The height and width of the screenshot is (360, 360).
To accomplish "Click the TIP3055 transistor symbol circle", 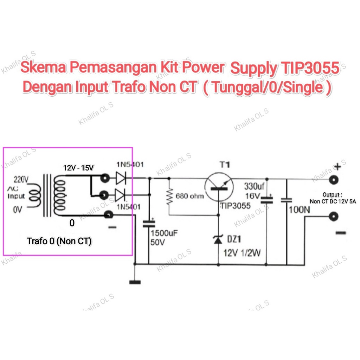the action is [219, 187].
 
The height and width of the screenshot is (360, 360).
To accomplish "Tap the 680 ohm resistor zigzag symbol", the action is [169, 197].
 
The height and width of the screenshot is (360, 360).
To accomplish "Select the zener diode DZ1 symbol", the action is [218, 239].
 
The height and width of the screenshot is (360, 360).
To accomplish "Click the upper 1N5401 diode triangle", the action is [121, 178].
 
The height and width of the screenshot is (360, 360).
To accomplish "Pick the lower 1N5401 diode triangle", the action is [120, 195].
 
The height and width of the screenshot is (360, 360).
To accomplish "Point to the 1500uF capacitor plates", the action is [149, 224].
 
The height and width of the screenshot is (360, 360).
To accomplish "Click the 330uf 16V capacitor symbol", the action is [267, 200].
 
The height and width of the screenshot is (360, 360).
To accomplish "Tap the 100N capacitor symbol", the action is [287, 200].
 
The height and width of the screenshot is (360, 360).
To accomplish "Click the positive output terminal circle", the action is [334, 180].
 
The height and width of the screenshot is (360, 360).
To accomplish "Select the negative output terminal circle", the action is [334, 217].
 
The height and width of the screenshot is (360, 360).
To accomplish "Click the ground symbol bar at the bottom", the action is [135, 282].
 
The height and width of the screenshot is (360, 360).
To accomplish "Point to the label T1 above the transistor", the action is [225, 165].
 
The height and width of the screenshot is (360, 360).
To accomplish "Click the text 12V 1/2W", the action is [242, 253].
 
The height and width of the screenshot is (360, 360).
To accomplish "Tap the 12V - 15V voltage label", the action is [78, 168].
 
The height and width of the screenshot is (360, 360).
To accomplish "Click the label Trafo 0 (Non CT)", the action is [59, 241].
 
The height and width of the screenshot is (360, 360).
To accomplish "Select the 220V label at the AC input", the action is [21, 180].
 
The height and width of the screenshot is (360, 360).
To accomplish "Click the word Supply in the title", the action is [253, 68].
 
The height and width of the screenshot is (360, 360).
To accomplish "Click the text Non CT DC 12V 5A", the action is [333, 201].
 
